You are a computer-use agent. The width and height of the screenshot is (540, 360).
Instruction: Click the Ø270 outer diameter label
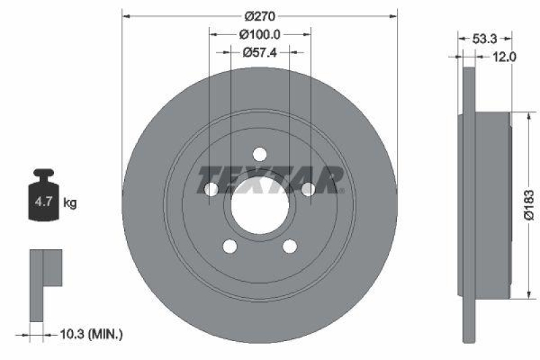[x=260, y=16]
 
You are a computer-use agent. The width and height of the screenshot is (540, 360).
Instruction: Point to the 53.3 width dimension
[x=484, y=38]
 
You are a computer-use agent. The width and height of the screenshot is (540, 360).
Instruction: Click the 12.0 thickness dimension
[x=504, y=57]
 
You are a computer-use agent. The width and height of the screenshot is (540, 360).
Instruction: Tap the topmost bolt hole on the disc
[x=260, y=154]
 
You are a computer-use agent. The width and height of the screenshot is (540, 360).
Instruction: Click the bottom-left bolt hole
[x=230, y=246]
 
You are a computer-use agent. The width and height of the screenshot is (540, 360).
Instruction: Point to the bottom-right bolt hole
[x=290, y=246]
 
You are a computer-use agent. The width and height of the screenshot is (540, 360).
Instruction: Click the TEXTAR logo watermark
[x=270, y=179]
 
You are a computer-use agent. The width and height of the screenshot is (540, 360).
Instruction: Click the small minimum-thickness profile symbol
[x=44, y=284]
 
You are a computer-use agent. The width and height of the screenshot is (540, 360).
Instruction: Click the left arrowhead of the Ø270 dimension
[x=126, y=16]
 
